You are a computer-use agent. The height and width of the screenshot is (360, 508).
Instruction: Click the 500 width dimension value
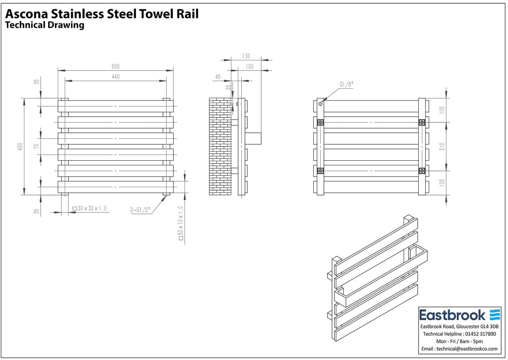[115, 66]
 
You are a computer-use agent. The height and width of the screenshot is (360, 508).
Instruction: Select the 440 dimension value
[115, 77]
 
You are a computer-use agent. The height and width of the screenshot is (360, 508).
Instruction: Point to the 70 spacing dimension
[37, 147]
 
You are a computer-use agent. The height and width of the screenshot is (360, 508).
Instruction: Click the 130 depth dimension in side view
[246, 56]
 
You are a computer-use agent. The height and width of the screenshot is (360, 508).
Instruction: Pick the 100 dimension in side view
[249, 67]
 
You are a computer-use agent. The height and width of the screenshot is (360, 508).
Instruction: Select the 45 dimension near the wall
[218, 77]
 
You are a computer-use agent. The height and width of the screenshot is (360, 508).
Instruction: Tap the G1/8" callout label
[346, 84]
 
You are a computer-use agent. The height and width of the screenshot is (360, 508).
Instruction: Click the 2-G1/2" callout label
[140, 210]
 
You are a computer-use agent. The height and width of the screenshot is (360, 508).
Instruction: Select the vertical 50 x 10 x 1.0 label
[181, 223]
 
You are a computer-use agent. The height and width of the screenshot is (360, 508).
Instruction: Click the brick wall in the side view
[220, 147]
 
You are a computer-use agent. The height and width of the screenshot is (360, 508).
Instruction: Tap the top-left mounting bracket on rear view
[320, 122]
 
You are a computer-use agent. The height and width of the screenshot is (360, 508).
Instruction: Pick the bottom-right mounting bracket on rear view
[421, 171]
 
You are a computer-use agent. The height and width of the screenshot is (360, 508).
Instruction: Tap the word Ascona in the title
[28, 14]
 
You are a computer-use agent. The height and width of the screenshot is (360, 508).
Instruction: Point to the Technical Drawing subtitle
[44, 25]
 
